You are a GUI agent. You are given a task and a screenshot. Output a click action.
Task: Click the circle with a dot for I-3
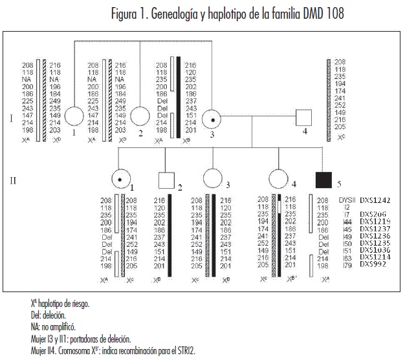tap(213, 119)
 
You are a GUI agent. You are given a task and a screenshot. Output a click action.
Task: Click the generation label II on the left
tap(14, 180)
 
